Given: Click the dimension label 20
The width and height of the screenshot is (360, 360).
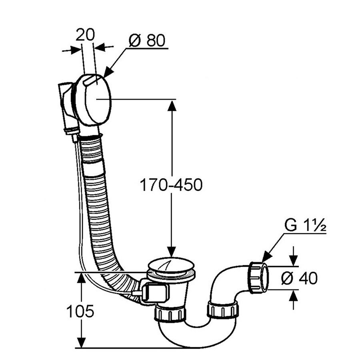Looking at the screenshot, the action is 85,35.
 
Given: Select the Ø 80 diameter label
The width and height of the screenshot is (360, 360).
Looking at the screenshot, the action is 147,41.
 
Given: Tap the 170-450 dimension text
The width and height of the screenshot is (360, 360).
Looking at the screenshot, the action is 171,185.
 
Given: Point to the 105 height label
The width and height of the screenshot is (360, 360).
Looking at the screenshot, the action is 80,311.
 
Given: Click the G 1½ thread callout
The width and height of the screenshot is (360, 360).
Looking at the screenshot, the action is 305,226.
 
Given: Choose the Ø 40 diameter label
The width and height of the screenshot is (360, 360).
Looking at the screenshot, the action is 299,278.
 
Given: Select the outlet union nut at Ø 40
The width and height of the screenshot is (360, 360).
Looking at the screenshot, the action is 258,278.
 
